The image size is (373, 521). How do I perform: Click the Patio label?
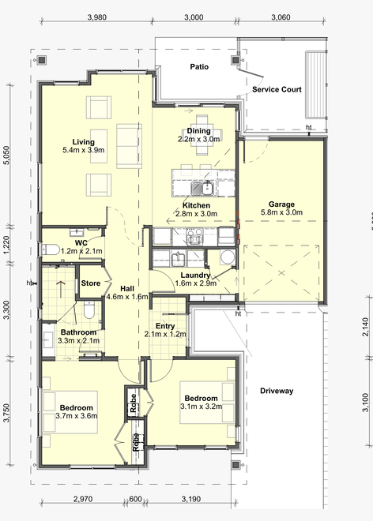199,67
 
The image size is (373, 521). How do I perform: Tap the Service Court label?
277,89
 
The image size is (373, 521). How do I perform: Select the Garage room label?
281,204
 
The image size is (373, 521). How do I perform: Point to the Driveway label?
277,391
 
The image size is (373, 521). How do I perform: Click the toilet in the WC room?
50,249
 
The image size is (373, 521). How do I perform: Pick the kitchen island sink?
202,189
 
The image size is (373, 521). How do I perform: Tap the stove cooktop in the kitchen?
195,236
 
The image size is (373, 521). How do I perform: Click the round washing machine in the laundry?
228,257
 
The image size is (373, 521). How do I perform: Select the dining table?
202,134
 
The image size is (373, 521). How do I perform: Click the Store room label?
91,283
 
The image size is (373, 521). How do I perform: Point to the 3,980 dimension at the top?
97,17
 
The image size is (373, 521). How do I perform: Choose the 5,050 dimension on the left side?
6,156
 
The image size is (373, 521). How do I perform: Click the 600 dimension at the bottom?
135,499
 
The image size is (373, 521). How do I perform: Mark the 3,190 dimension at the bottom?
191,499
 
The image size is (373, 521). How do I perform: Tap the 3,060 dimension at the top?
281,17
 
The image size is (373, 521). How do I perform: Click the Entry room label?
165,326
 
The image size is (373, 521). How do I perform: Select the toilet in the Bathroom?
89,309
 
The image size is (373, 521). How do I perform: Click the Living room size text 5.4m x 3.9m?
84,150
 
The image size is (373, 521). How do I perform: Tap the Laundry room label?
195,275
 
